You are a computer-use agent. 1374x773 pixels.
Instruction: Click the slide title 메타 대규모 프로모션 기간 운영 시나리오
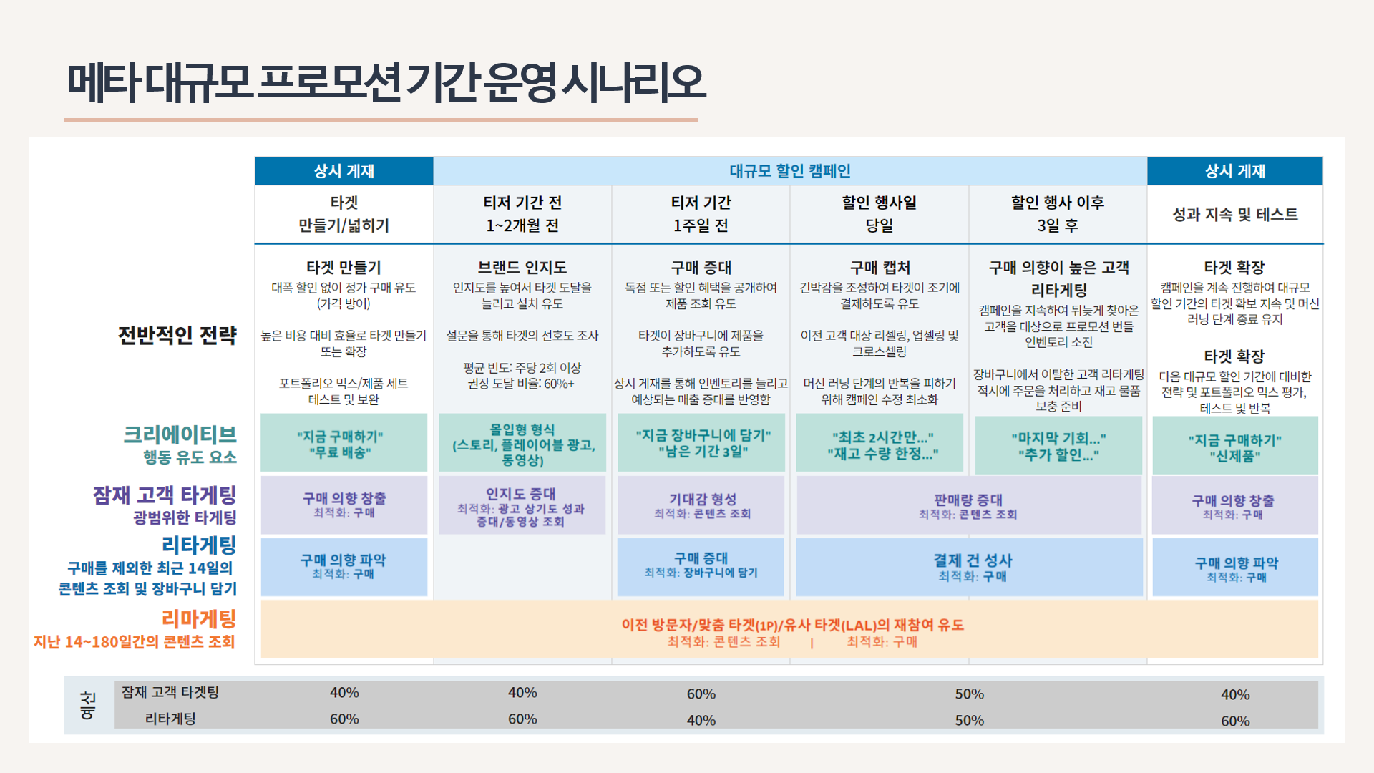pos(386,82)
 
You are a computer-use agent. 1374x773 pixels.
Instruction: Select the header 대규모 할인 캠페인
pos(789,171)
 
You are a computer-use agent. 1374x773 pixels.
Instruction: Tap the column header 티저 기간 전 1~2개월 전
pos(522,214)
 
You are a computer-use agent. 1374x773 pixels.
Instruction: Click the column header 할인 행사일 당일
pos(879,214)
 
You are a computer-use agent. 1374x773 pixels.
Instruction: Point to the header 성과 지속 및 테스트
pos(1234,214)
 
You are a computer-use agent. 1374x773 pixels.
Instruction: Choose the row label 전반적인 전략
pos(177,335)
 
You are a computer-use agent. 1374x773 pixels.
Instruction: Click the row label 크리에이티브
pos(180,434)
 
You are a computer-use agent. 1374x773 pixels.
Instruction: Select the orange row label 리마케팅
pos(198,618)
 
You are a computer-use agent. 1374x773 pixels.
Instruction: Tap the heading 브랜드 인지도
pos(522,267)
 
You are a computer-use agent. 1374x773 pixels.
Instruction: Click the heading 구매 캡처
pos(880,267)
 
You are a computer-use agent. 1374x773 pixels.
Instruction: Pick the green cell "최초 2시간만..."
pos(882,444)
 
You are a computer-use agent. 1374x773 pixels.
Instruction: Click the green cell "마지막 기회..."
pos(1058,446)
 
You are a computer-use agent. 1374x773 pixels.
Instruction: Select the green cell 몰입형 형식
pos(522,444)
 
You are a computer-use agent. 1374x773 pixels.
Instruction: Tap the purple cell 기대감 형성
pos(702,505)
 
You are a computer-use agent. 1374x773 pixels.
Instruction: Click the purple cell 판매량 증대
pos(968,505)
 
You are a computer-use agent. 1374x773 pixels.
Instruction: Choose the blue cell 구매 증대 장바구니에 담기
pos(701,564)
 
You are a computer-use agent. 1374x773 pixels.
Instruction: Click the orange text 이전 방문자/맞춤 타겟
pos(792,625)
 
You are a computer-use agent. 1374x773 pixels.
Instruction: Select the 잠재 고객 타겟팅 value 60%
pos(701,694)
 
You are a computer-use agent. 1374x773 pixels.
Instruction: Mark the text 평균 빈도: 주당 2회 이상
pos(522,367)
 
